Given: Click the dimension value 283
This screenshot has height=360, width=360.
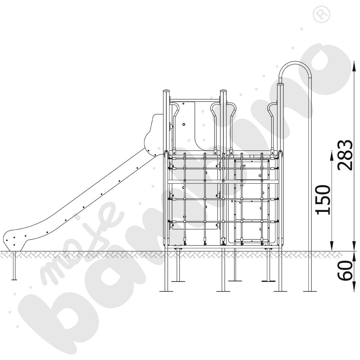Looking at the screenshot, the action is click(x=345, y=155).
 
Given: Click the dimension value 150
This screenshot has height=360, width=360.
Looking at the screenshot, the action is click(x=323, y=200).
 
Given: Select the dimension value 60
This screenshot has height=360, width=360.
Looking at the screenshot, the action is click(x=345, y=270).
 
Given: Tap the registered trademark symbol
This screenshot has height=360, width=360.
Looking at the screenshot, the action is click(x=321, y=14).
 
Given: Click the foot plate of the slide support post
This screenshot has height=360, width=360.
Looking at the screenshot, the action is click(x=14, y=279).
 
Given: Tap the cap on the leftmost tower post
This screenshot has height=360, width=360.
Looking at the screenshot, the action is click(x=166, y=91).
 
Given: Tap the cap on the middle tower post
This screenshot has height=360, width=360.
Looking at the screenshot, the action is click(x=224, y=91).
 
